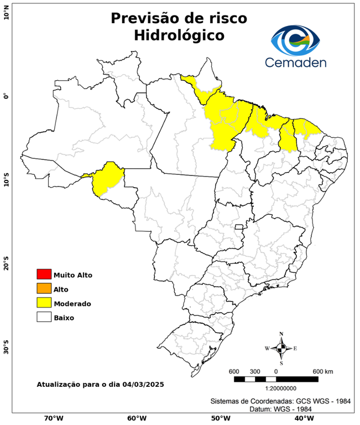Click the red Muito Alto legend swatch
pyautogui.click(x=44, y=274)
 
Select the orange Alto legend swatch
pyautogui.click(x=44, y=288)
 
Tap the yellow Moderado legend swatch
pyautogui.click(x=44, y=303)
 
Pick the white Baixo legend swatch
pyautogui.click(x=44, y=317)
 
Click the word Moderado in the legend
pyautogui.click(x=72, y=303)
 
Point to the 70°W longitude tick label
pyautogui.click(x=53, y=418)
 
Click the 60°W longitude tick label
pyautogui.click(x=137, y=418)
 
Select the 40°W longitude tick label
pyautogui.click(x=302, y=418)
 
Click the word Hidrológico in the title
pyautogui.click(x=179, y=35)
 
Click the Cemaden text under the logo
pyautogui.click(x=296, y=62)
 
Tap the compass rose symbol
pyautogui.click(x=281, y=348)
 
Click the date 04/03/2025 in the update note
pyautogui.click(x=143, y=383)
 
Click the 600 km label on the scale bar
pyautogui.click(x=322, y=371)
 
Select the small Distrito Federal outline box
pyautogui.click(x=239, y=227)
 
